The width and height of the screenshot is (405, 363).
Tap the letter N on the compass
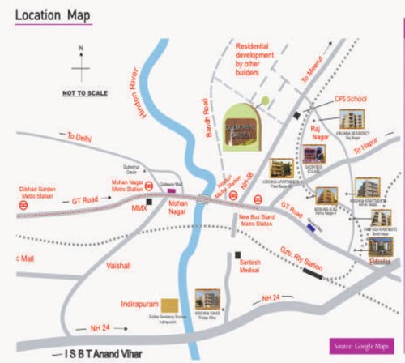(x=80, y=47)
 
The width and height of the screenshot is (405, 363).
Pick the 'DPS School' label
(x=352, y=100)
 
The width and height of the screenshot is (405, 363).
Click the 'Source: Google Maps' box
(x=362, y=343)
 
